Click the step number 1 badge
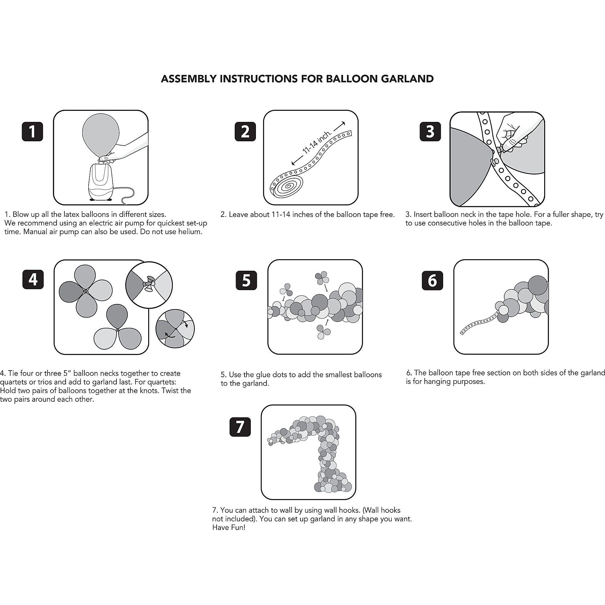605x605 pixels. click(32, 132)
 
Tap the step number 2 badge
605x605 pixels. click(245, 132)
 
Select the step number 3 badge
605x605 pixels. click(430, 132)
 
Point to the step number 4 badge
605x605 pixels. click(33, 279)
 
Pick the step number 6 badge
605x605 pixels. click(432, 280)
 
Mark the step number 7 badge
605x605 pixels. click(240, 427)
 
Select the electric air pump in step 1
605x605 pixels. click(101, 181)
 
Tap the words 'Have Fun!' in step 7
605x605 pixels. click(229, 528)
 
